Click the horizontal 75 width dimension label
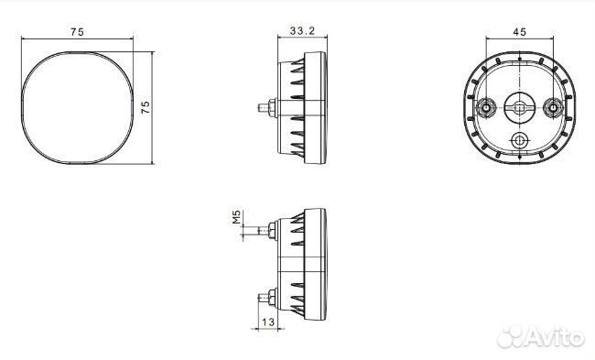click(77, 32)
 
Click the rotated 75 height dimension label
click(146, 107)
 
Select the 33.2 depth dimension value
click(302, 31)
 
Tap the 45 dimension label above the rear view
click(520, 32)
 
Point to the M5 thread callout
click(237, 217)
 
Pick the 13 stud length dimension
click(268, 322)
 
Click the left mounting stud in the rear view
click(486, 108)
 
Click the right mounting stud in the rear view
click(553, 108)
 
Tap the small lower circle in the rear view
click(519, 141)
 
